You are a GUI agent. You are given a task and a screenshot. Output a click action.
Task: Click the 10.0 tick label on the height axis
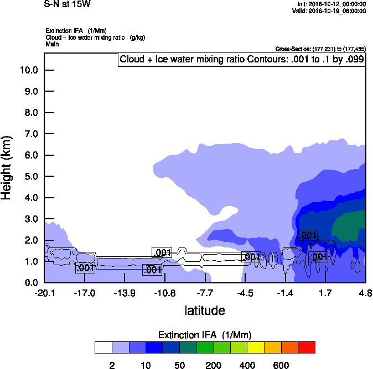(28, 70)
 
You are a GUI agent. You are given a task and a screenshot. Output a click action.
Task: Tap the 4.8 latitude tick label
(365, 293)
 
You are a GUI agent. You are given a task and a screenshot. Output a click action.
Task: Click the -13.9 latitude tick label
(124, 293)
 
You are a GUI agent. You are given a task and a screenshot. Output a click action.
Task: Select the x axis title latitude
(205, 310)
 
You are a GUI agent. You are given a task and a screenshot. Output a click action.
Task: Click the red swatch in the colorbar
(307, 347)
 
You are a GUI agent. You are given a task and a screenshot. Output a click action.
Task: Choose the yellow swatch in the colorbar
(256, 347)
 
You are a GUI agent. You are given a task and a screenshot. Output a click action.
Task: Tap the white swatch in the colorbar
(103, 347)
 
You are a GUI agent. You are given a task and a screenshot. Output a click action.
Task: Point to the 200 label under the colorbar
(214, 365)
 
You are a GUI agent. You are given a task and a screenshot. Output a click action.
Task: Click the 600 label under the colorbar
(281, 365)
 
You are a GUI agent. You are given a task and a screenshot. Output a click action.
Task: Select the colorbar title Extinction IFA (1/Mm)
(205, 335)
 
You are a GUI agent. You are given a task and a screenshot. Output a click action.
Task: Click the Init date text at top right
(331, 4)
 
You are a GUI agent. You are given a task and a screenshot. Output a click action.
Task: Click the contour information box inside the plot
(242, 59)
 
